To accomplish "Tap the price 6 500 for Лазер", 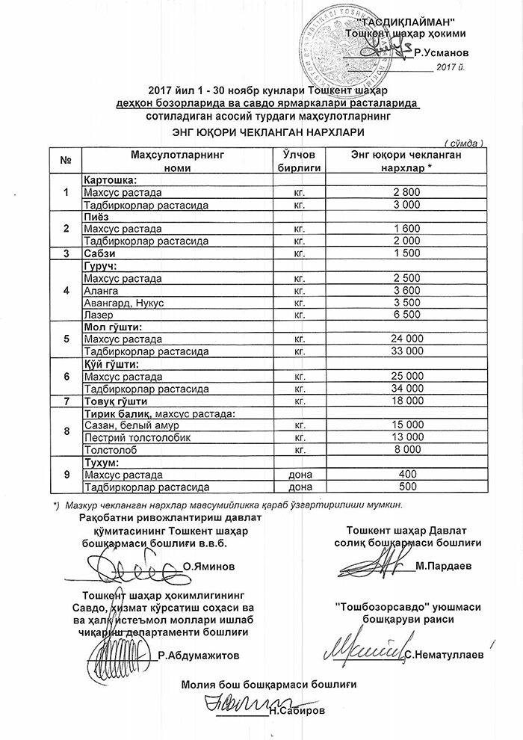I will [x=406, y=315].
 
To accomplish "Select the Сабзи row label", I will [x=101, y=254].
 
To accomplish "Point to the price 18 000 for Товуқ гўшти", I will [x=406, y=401].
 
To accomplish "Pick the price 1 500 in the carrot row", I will [x=406, y=254].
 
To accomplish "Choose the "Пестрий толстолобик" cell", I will [x=127, y=437].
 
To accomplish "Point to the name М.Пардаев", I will [x=445, y=567].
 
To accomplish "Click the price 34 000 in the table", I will [x=406, y=389].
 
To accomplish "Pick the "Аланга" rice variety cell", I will [x=102, y=291].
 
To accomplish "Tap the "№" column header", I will [x=66, y=161].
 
